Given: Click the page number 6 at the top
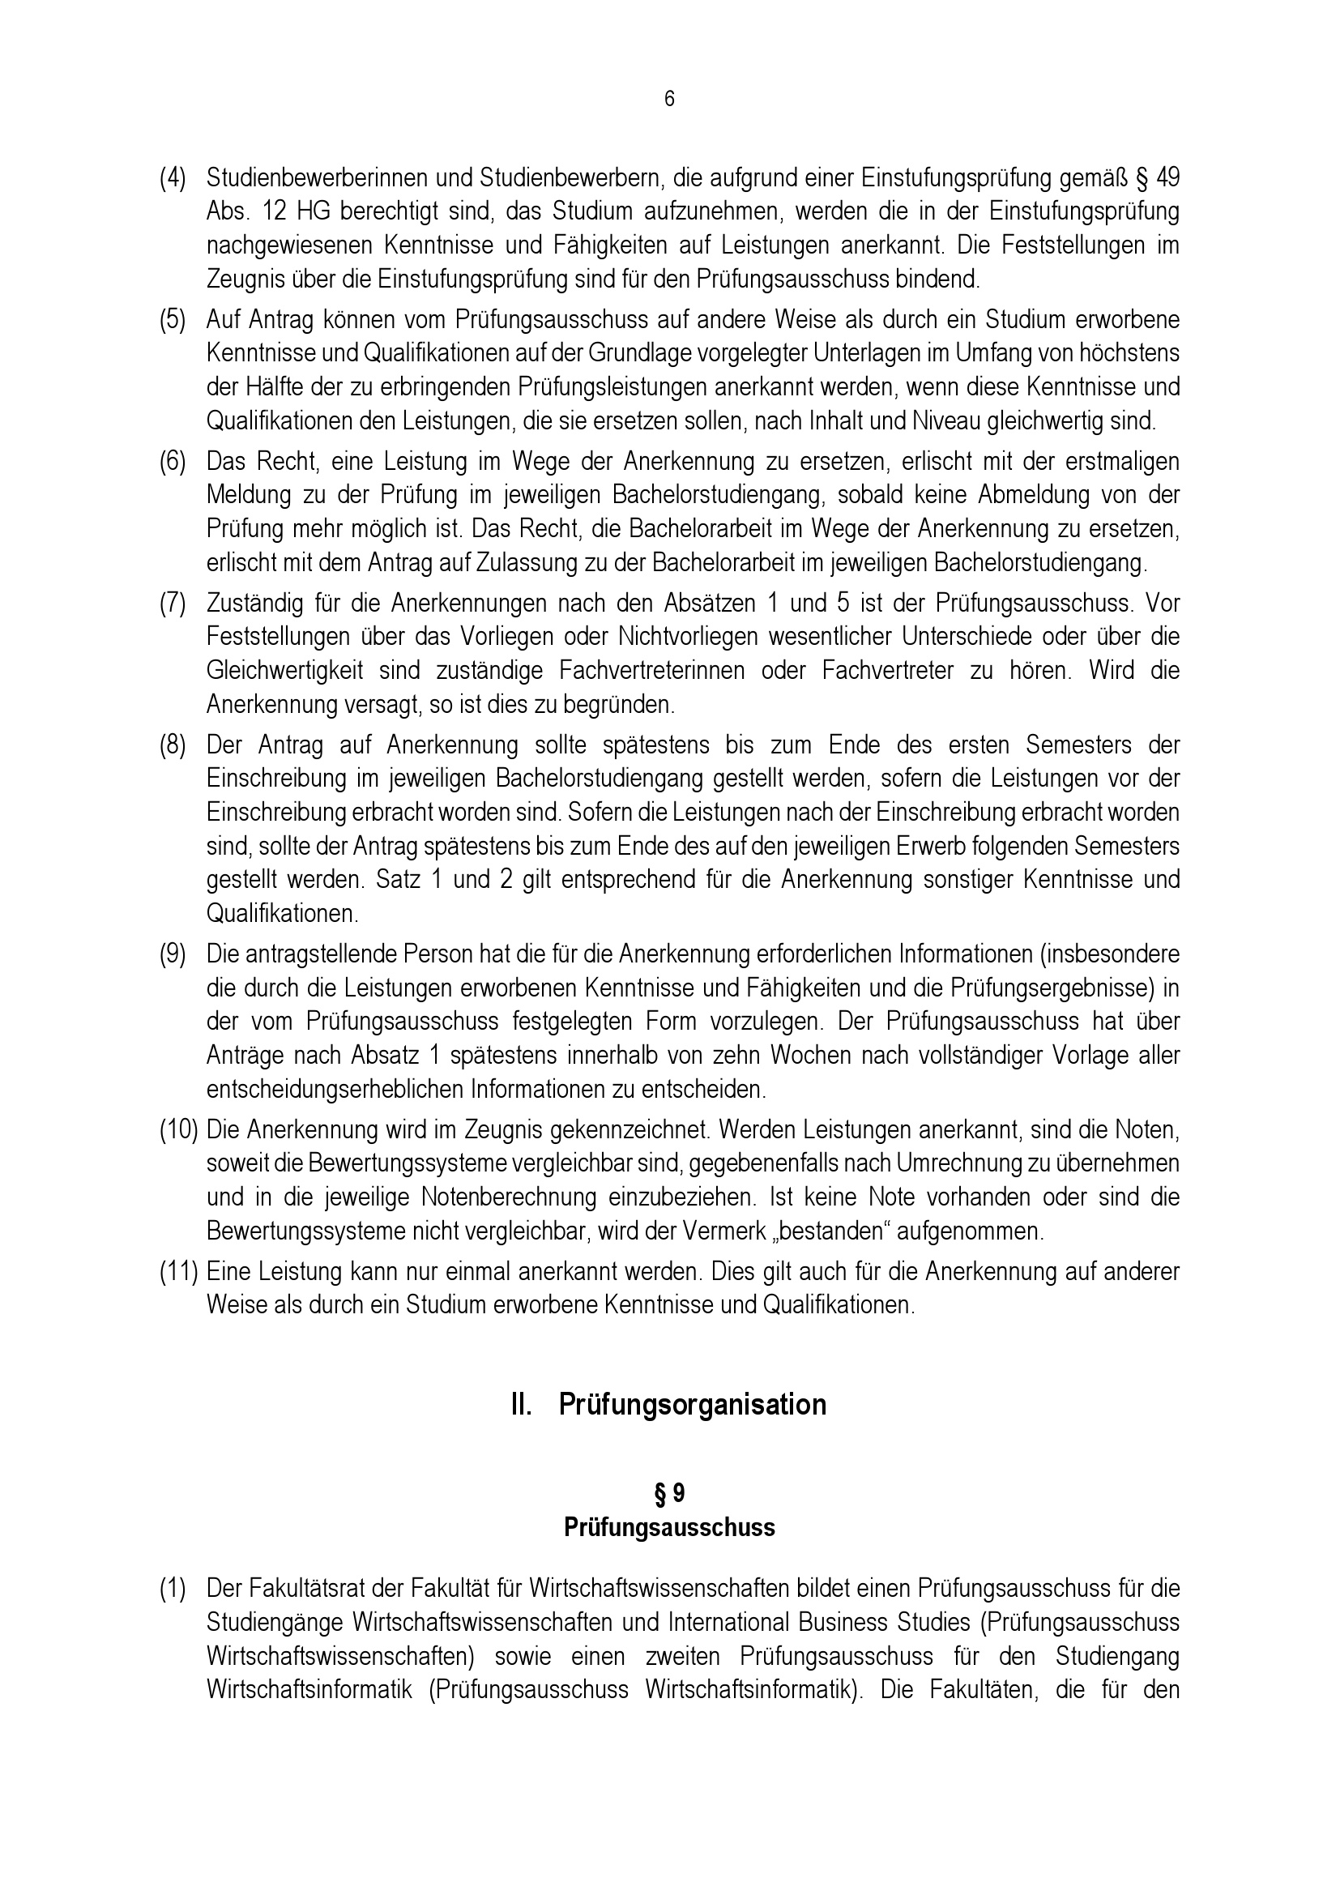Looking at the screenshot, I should [x=669, y=99].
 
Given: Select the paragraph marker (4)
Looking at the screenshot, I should [x=173, y=177].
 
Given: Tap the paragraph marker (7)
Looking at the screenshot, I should [x=173, y=604].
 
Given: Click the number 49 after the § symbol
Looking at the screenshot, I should [x=1167, y=177].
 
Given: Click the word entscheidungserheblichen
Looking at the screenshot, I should [x=336, y=1090].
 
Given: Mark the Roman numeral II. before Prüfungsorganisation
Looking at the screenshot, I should [x=523, y=1405].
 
